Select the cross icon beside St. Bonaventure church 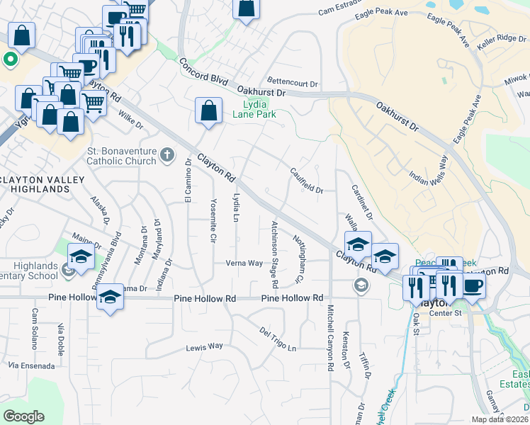coord(167,154)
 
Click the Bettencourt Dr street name coord(293,83)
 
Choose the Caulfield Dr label coord(306,181)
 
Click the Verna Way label coord(244,263)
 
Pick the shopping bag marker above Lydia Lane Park coord(208,110)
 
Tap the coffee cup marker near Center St coord(473,285)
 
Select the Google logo coord(24,416)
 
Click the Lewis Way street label coord(204,347)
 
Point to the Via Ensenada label coord(31,366)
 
